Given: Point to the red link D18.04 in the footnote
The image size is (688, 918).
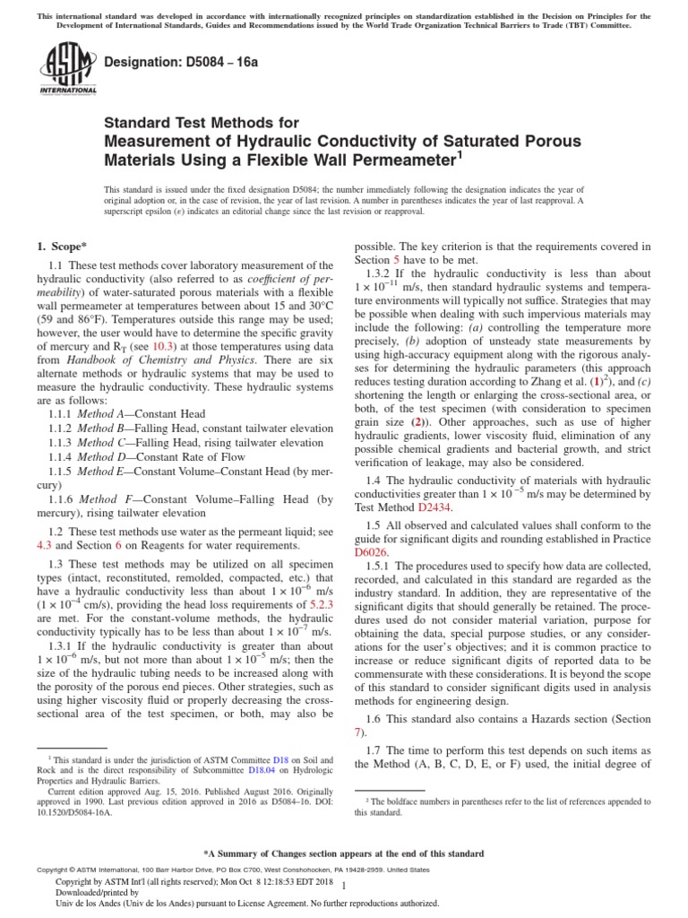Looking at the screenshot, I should click(x=262, y=770).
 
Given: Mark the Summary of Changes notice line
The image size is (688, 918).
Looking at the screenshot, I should click(x=343, y=853).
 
